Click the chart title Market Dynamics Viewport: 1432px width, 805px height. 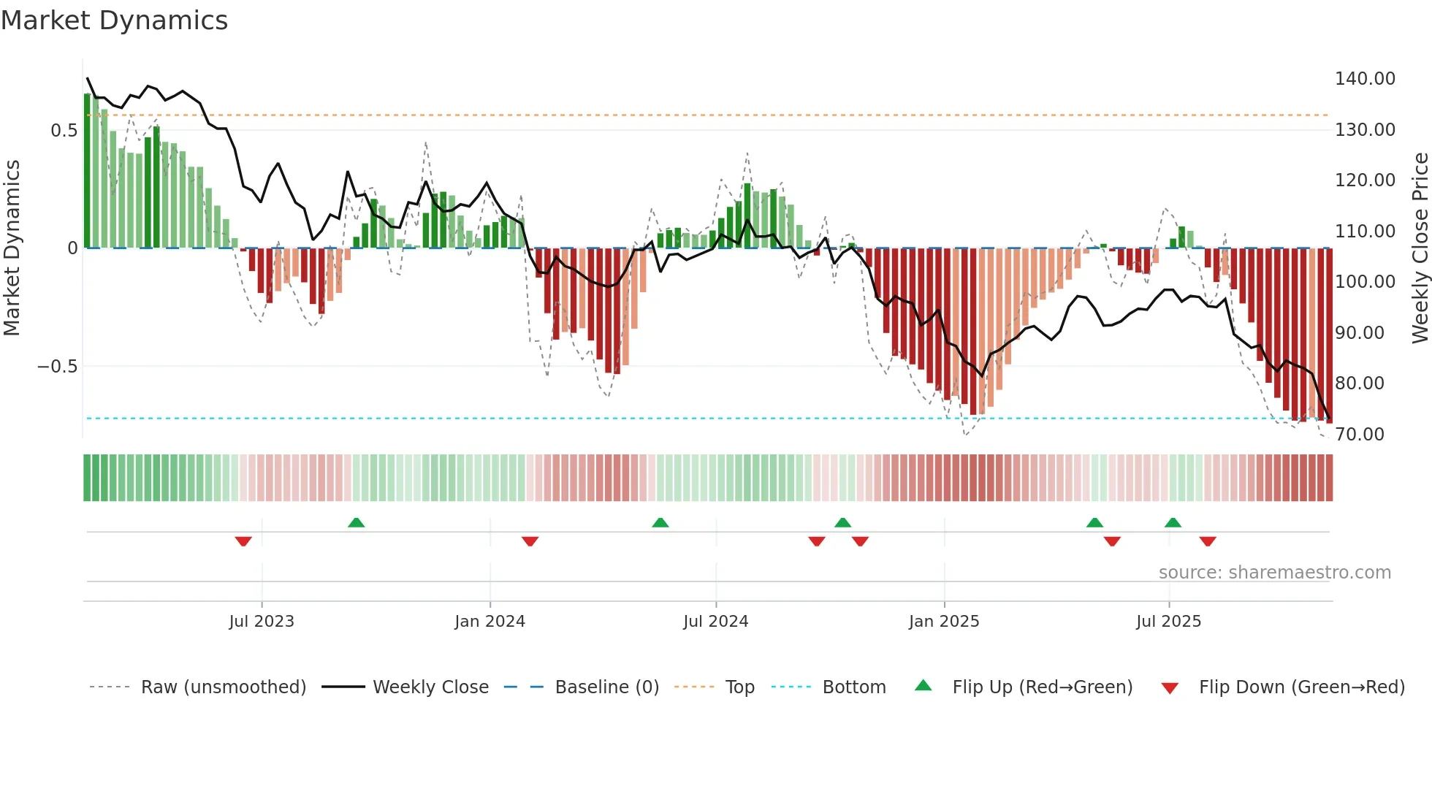[114, 20]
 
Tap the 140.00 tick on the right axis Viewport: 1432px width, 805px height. [1364, 79]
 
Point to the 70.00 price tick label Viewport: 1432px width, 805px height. [1359, 435]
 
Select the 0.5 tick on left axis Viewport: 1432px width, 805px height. [64, 131]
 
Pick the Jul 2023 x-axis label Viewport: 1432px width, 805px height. [261, 622]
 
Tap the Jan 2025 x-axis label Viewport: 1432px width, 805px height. [943, 622]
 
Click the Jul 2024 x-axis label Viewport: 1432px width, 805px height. [715, 622]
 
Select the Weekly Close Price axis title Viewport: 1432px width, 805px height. [1420, 248]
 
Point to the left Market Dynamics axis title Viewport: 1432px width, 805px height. [12, 248]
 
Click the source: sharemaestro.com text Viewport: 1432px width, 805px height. [1274, 573]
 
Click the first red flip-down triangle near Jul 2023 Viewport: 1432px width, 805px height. [243, 541]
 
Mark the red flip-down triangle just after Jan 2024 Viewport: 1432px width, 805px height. [530, 541]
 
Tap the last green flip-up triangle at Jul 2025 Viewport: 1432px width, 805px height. [1173, 522]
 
